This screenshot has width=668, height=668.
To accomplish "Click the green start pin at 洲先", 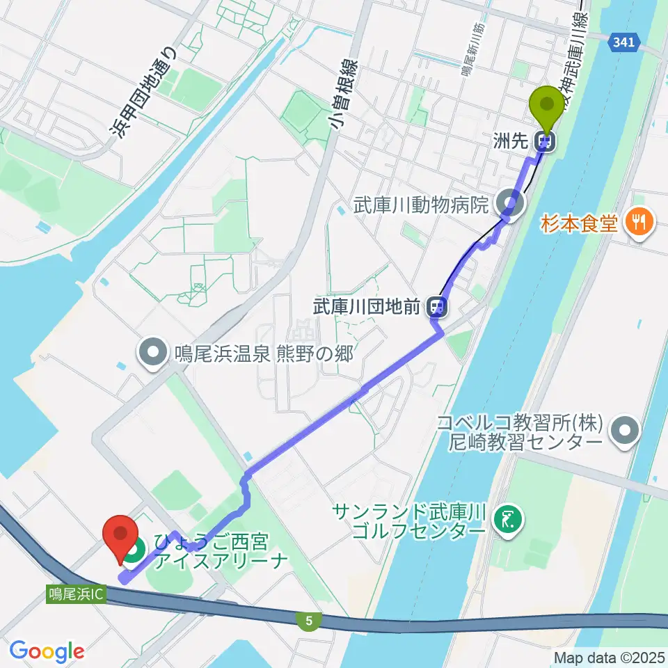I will (547, 106).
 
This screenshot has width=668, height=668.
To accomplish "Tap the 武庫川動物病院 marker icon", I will (514, 204).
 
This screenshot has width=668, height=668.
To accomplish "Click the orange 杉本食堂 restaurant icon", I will (637, 223).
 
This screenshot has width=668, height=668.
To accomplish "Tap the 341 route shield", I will (624, 43).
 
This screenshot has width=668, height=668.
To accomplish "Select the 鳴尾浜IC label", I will (77, 595).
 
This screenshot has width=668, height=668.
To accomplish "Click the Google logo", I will (47, 651).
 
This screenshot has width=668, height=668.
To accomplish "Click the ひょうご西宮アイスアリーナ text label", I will (221, 551).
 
